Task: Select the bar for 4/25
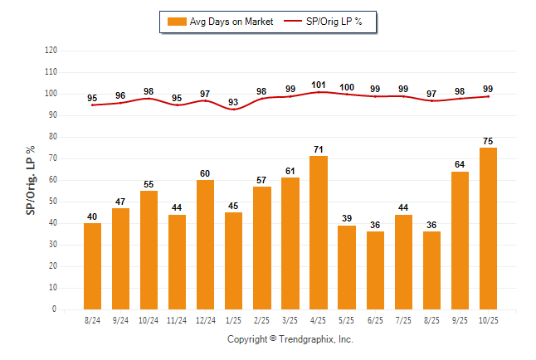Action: coord(319,232)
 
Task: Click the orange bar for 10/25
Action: coord(488,229)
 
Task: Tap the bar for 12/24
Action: coord(206,245)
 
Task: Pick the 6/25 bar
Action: coord(375,270)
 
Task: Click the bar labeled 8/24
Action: coord(93,266)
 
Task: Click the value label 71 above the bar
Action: coord(319,148)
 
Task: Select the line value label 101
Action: coord(319,85)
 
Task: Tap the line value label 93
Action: coord(234,102)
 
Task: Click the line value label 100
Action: coord(347,87)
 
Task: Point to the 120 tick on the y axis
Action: coord(51,51)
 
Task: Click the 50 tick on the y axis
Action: coord(53,202)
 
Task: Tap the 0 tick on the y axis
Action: coord(55,309)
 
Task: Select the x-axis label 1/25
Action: coord(234,319)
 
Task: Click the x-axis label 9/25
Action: coord(460,319)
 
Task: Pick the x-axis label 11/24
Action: coord(178,319)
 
